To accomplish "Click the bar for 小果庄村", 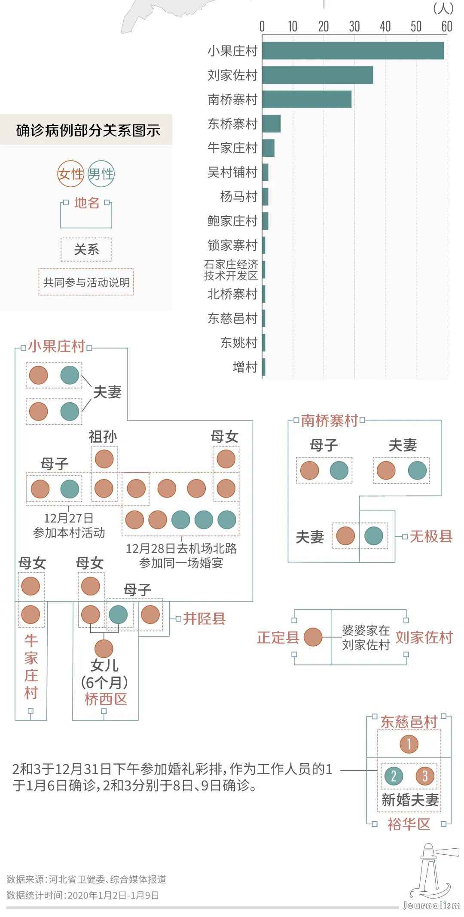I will click(353, 51).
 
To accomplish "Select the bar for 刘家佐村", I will click(317, 75).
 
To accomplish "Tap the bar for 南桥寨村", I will click(307, 99).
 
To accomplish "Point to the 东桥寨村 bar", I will click(271, 124).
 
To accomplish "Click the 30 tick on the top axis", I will click(354, 27).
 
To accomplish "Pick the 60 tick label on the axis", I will click(447, 27).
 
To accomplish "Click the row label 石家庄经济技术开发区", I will click(231, 270).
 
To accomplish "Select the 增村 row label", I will click(245, 367).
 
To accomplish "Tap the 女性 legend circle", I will click(70, 174).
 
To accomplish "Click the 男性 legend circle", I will click(101, 174).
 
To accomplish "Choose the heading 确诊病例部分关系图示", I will click(88, 130).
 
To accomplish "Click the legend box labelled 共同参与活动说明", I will click(86, 282).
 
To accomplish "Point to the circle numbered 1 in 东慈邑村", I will click(409, 744).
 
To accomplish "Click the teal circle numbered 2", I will click(394, 776).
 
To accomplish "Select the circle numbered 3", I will click(425, 776).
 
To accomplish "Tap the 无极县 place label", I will click(431, 536).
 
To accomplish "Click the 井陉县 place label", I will click(204, 619).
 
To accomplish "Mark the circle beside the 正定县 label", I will click(313, 637).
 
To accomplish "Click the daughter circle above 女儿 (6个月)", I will click(104, 649).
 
